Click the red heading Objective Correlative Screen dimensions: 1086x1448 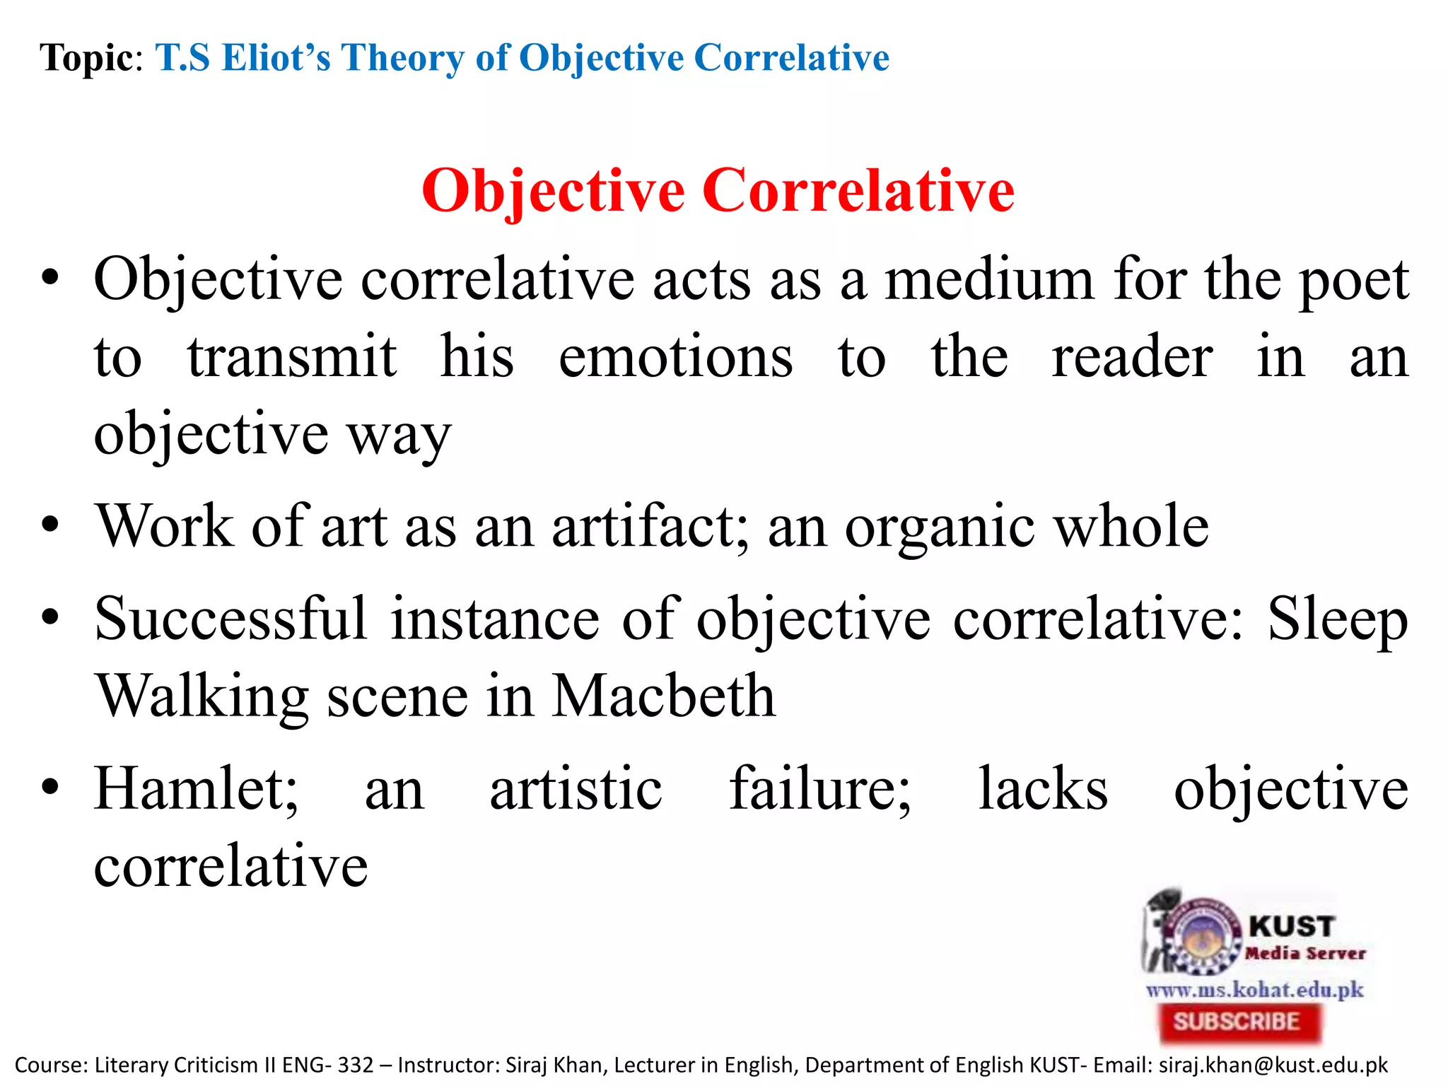[718, 191]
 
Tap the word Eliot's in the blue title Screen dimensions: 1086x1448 [276, 58]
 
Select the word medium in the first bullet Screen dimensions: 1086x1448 [989, 281]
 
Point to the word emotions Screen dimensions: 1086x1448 [675, 357]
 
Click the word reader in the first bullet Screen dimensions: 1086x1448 [1132, 357]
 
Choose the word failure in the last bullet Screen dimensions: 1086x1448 [820, 789]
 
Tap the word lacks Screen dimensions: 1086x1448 [1043, 789]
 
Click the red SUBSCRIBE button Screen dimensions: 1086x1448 [1238, 1022]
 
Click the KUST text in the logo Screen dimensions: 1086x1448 [1291, 926]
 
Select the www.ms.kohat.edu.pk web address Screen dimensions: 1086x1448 [1254, 989]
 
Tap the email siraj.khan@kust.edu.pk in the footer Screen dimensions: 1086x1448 [1273, 1065]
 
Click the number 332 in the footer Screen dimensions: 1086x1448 [355, 1065]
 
